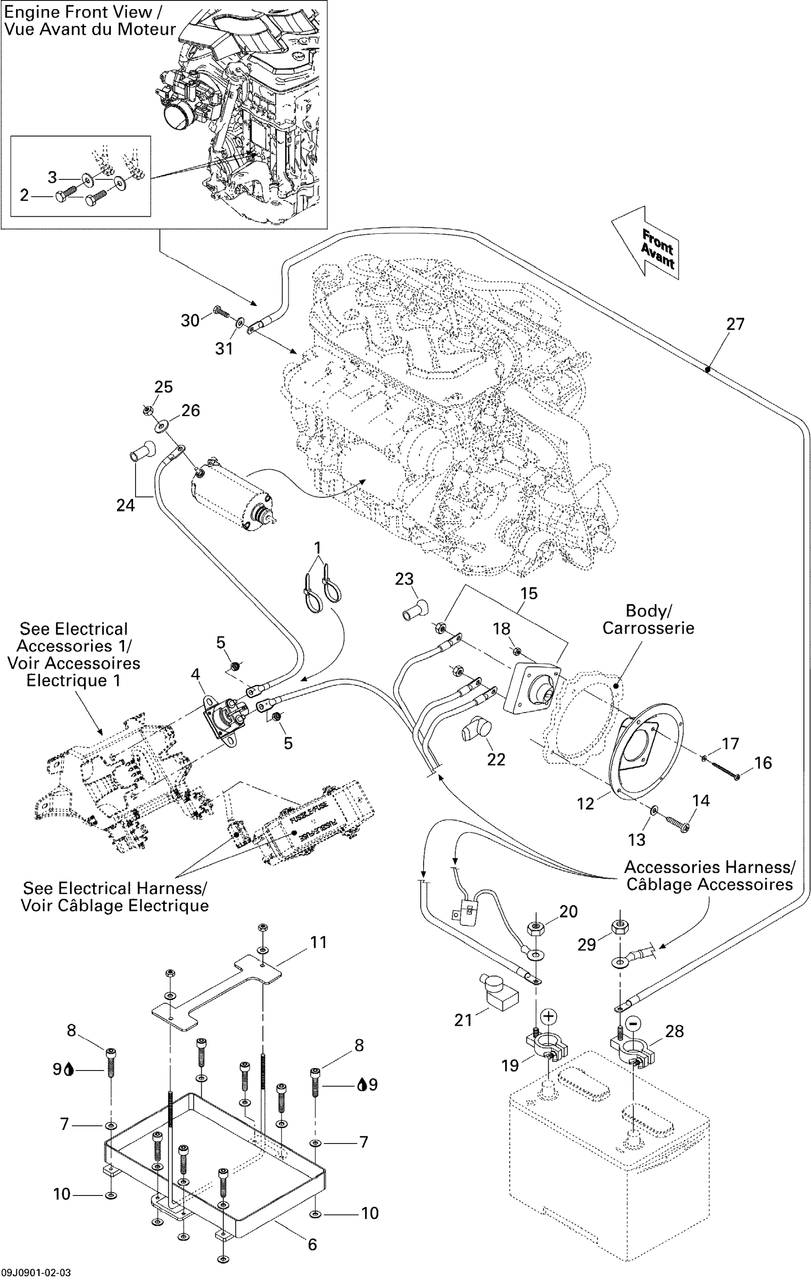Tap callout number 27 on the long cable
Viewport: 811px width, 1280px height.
point(735,324)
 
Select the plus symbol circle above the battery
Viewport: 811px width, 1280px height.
point(549,1017)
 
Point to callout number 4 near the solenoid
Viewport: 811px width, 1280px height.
point(195,674)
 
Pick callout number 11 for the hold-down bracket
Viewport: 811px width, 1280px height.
point(318,943)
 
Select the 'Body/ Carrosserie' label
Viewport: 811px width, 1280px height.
point(648,619)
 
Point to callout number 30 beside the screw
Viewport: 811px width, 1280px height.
point(190,321)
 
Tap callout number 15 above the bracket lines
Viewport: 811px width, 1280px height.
point(529,593)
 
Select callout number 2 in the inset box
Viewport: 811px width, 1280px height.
point(24,195)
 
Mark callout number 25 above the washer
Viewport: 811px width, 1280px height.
point(164,387)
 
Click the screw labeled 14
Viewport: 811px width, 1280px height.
point(677,824)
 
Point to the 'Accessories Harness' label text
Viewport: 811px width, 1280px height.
point(709,868)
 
